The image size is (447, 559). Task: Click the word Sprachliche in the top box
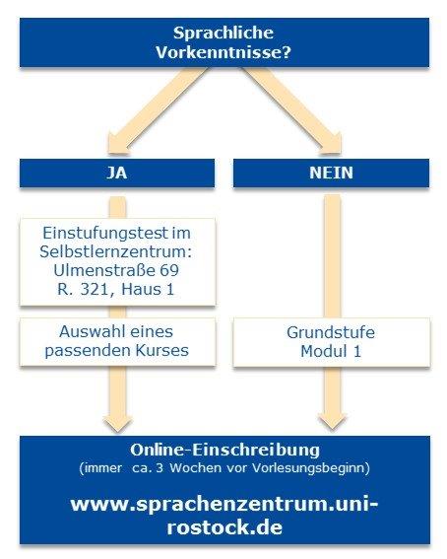click(223, 34)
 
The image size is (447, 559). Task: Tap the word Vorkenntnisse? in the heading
click(223, 52)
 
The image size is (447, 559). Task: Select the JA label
click(117, 173)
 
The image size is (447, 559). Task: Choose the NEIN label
click(331, 173)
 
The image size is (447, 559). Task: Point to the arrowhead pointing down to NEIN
click(328, 143)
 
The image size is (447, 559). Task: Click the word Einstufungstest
click(105, 234)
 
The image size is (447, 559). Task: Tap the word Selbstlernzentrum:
click(115, 251)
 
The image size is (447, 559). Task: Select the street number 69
click(169, 270)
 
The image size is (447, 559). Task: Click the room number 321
click(96, 289)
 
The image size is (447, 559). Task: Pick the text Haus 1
click(148, 289)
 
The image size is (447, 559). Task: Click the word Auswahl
click(88, 331)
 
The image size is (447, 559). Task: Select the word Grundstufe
click(331, 332)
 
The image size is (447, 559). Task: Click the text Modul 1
click(331, 352)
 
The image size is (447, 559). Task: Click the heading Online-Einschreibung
click(224, 450)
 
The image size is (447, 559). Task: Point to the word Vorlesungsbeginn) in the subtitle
click(311, 467)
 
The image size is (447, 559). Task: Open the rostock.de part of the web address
click(224, 527)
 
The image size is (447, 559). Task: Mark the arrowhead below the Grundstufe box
click(332, 421)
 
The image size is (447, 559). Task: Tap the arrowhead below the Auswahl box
click(118, 423)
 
